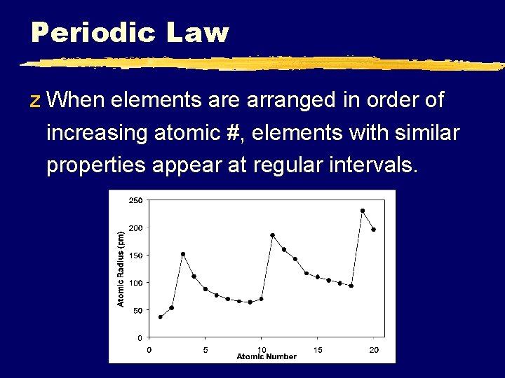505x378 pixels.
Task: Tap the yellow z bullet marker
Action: pyautogui.click(x=36, y=101)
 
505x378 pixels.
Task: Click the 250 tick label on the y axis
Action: pyautogui.click(x=135, y=200)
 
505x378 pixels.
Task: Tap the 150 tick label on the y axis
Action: pyautogui.click(x=135, y=255)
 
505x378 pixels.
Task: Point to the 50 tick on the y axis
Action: pyautogui.click(x=137, y=310)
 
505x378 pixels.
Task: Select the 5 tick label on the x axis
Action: pyautogui.click(x=205, y=349)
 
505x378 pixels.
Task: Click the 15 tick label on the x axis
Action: pyautogui.click(x=318, y=349)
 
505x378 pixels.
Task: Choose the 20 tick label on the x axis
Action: pyautogui.click(x=374, y=349)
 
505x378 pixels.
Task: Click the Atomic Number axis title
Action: pyautogui.click(x=267, y=357)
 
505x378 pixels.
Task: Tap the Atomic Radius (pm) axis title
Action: pyautogui.click(x=121, y=269)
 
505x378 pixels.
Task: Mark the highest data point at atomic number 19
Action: pyautogui.click(x=363, y=211)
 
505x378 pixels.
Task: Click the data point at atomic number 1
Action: pyautogui.click(x=160, y=317)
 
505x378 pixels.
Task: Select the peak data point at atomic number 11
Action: pyautogui.click(x=272, y=235)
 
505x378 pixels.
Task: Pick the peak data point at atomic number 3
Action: pyautogui.click(x=182, y=254)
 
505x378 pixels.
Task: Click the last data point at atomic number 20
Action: pyautogui.click(x=374, y=230)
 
